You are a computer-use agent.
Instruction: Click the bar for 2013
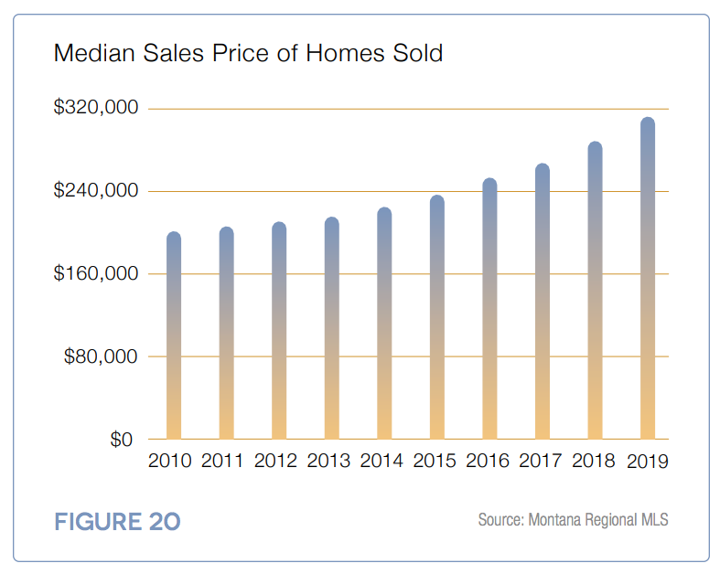coord(331,328)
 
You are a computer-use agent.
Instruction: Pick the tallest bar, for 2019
coord(648,278)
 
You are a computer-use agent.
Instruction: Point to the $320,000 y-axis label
coord(96,108)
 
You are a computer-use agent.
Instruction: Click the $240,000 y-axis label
coord(96,191)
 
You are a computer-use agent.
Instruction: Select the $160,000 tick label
coord(96,273)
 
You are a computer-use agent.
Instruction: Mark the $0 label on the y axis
coord(121,440)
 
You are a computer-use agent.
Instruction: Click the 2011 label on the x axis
coord(223,461)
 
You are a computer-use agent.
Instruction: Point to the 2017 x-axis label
coord(541,461)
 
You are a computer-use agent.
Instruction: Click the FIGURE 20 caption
coord(117,522)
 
